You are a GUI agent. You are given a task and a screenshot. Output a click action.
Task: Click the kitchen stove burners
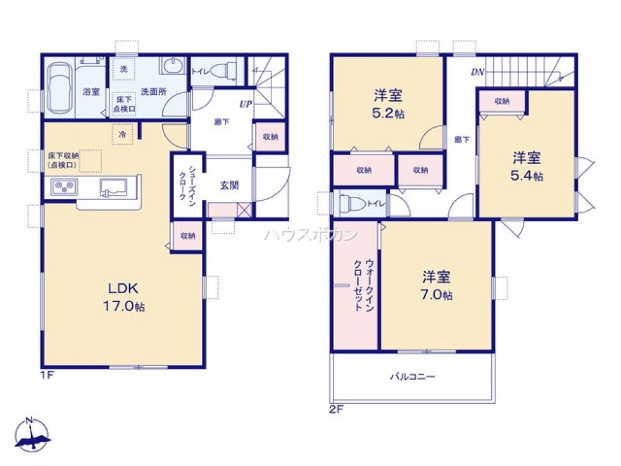[x=63, y=186]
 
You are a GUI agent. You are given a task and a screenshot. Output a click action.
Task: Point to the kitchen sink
[x=112, y=186]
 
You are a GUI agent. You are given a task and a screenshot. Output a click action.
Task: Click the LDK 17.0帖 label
[x=127, y=297]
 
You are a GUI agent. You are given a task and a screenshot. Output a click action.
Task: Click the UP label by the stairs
[x=245, y=104]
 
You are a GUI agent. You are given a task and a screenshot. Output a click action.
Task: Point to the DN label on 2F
[x=477, y=72]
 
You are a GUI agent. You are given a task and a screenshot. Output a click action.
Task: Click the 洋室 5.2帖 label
[x=388, y=104]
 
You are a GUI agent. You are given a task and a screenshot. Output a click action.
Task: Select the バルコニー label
[x=412, y=377]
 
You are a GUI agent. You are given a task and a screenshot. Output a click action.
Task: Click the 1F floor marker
[x=47, y=375]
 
